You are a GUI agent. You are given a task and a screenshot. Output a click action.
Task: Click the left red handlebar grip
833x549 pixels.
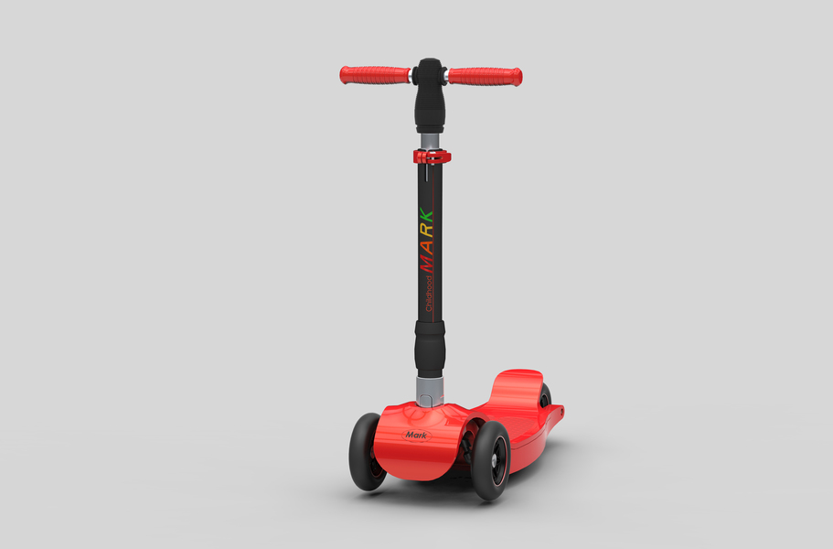tap(375, 75)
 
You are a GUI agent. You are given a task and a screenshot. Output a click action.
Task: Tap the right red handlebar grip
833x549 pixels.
tap(485, 77)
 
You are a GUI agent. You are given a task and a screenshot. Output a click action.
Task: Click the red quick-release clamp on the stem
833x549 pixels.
tap(432, 156)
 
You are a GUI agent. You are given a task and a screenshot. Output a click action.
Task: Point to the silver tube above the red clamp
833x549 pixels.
tap(430, 142)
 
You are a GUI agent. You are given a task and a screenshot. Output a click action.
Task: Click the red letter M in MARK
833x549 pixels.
tap(427, 262)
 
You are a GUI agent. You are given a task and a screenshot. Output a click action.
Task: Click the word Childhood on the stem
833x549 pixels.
tap(429, 293)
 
